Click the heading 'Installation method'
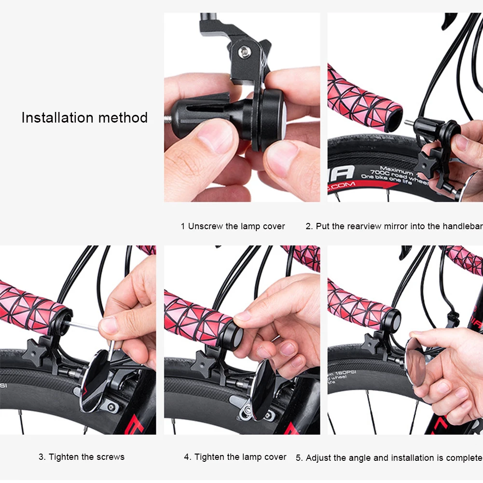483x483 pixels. [x=84, y=118]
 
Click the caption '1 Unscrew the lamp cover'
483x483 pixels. [x=233, y=226]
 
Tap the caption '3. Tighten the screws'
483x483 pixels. [x=82, y=456]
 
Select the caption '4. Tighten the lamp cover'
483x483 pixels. [x=235, y=456]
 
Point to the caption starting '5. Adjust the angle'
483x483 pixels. [x=389, y=457]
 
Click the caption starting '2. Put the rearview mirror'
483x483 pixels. [x=394, y=226]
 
